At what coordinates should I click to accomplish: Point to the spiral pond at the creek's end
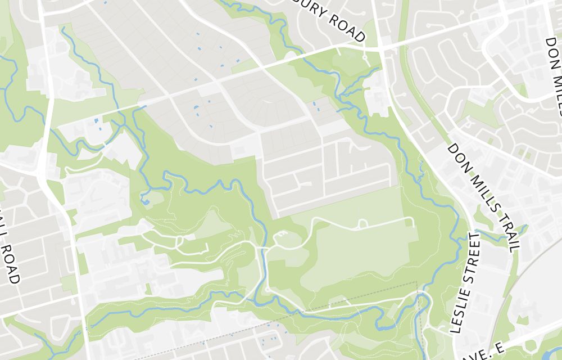(x=145, y=199)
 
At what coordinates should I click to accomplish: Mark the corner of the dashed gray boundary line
(x=416, y=282)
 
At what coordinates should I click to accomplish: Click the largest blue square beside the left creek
(x=96, y=120)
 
